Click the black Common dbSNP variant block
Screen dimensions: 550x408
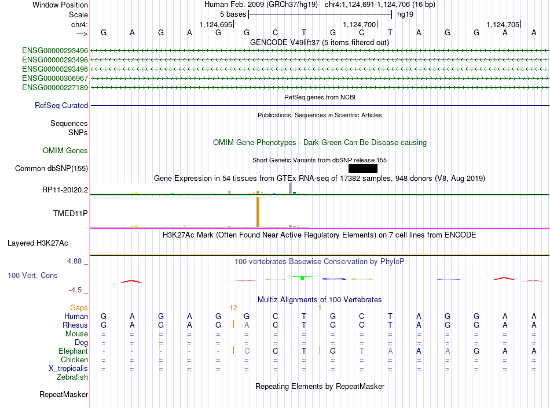(362, 168)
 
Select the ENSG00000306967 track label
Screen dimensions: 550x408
(55, 78)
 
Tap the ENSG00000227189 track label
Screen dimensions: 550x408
(55, 88)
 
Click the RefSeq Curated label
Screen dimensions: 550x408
(61, 105)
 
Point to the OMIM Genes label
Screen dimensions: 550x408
(65, 151)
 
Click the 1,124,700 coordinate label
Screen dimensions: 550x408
(359, 24)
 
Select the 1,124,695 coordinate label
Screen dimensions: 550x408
(216, 24)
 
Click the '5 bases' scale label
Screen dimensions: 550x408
(233, 14)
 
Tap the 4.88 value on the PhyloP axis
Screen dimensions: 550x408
(74, 261)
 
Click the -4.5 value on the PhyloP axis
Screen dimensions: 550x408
(75, 290)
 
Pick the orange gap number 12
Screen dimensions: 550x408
(233, 308)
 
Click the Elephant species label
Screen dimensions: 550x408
(73, 351)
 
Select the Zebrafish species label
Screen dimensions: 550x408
(72, 377)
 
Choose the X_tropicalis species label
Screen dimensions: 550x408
(68, 369)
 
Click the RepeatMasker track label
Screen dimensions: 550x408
(64, 394)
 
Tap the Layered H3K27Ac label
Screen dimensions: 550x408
(38, 243)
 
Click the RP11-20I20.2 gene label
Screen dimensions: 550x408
(65, 190)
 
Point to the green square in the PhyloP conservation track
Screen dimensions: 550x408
(302, 279)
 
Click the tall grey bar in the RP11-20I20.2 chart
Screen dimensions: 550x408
(291, 188)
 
